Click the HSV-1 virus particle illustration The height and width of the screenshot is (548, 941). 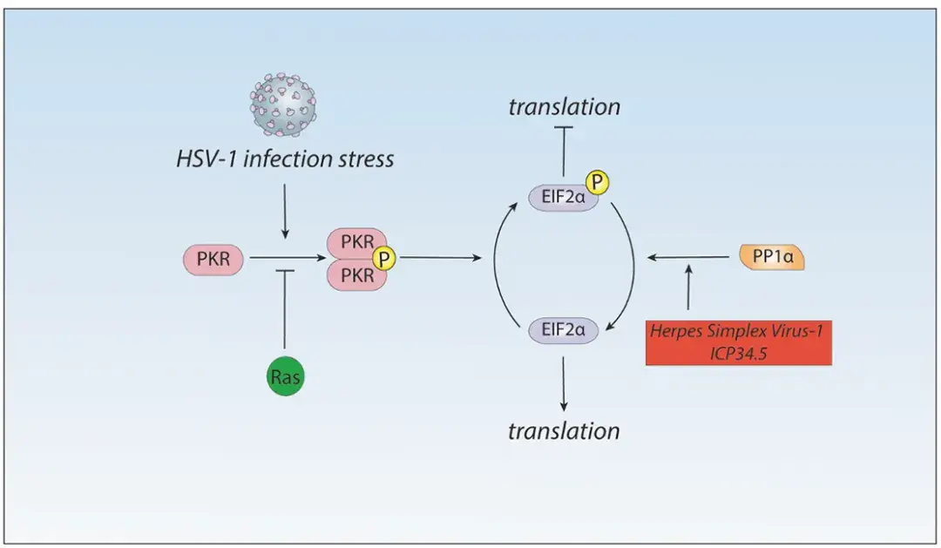pyautogui.click(x=283, y=105)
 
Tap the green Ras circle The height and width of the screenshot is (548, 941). pyautogui.click(x=285, y=376)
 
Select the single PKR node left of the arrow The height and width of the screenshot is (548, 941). pyautogui.click(x=213, y=259)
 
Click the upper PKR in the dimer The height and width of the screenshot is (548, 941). pyautogui.click(x=356, y=242)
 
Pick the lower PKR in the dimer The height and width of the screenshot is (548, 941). pyautogui.click(x=356, y=275)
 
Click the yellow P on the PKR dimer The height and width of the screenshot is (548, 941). pyautogui.click(x=384, y=259)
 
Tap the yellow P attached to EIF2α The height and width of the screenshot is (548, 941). pyautogui.click(x=597, y=182)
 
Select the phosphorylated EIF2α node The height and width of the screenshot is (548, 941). pyautogui.click(x=563, y=197)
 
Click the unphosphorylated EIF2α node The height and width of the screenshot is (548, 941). pyautogui.click(x=563, y=330)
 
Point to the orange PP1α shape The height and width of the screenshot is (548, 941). pyautogui.click(x=772, y=257)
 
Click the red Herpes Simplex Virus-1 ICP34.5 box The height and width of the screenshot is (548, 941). pyautogui.click(x=739, y=342)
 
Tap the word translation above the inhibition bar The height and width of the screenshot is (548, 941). pyautogui.click(x=564, y=107)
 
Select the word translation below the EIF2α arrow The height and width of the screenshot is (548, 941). pyautogui.click(x=564, y=431)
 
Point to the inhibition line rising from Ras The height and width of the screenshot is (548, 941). pyautogui.click(x=284, y=309)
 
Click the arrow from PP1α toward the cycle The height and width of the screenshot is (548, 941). pyautogui.click(x=688, y=257)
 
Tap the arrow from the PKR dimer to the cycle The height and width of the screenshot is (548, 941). pyautogui.click(x=441, y=258)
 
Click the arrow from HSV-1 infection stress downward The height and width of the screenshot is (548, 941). pyautogui.click(x=284, y=212)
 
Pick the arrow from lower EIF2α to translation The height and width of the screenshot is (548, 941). pyautogui.click(x=563, y=384)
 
